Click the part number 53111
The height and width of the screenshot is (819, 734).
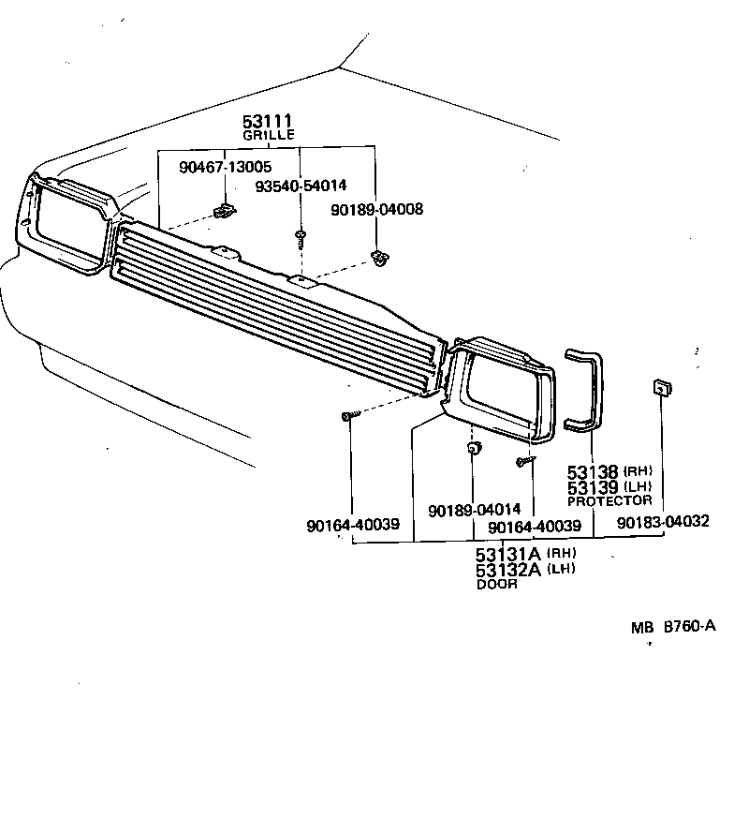point(268,121)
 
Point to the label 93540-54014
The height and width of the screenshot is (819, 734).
point(301,186)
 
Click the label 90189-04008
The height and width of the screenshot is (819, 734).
point(376,210)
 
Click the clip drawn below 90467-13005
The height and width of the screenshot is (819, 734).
point(223,211)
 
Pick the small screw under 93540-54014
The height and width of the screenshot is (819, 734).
point(301,237)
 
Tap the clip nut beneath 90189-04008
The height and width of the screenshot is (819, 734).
point(380,258)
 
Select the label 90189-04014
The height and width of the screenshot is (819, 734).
point(474,510)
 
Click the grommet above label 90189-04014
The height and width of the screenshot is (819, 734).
point(473,448)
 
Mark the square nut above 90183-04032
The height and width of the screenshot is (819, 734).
point(660,387)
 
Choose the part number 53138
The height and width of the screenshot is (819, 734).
point(593,473)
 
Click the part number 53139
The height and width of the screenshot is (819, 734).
point(593,487)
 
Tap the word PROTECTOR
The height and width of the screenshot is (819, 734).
point(609,500)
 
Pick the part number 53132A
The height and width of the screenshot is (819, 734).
point(509,570)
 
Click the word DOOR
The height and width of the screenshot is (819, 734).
point(496,584)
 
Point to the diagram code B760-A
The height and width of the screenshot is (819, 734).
point(689,626)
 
